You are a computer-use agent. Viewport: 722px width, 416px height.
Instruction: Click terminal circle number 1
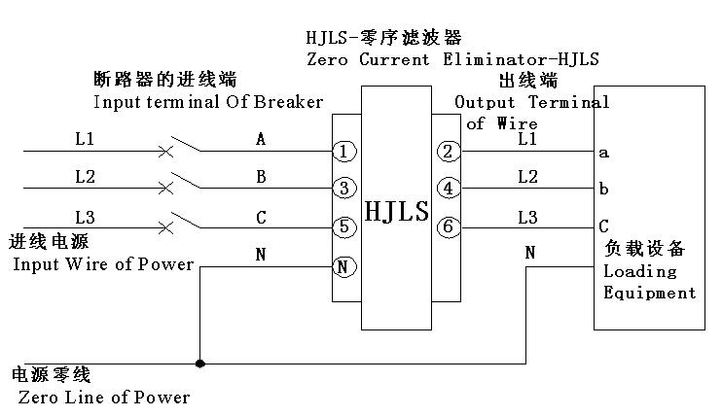tap(343, 152)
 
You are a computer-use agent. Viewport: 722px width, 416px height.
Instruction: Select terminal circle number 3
tap(343, 189)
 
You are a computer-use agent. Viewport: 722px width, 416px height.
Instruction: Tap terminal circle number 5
tap(343, 227)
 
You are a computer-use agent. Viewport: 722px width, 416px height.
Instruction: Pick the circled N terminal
tap(343, 266)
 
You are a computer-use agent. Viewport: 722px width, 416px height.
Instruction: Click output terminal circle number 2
tap(448, 152)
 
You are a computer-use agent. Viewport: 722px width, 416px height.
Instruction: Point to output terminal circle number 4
tap(448, 189)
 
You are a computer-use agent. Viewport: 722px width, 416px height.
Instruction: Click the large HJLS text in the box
tap(396, 211)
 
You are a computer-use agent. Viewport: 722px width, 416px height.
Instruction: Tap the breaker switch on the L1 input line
tap(183, 147)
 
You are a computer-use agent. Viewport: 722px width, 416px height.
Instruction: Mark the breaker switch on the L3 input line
tap(183, 222)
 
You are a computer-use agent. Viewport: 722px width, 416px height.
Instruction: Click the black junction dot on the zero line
tap(199, 364)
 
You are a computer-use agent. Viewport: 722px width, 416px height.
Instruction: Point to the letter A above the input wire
tap(261, 140)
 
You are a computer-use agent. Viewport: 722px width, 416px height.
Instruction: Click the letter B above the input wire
tap(261, 177)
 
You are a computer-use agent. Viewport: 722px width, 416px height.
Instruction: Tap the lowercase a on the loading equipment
tap(604, 153)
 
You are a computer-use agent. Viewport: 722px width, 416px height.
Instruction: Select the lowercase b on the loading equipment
tap(604, 189)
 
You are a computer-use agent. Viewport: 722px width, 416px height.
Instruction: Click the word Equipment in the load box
tap(650, 293)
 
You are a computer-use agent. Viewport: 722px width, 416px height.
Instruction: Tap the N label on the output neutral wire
tap(530, 253)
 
